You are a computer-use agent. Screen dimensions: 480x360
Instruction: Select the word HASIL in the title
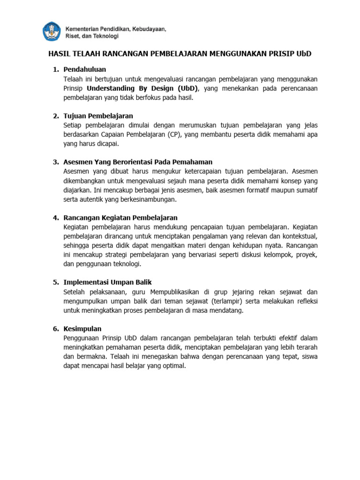(x=60, y=54)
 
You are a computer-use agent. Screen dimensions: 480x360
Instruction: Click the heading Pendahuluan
(x=85, y=69)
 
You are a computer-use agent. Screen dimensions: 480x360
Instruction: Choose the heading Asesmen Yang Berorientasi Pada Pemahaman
(x=138, y=162)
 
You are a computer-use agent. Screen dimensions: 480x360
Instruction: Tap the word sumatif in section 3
(x=306, y=190)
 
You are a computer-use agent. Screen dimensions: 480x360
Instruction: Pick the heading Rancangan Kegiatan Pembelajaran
(x=120, y=217)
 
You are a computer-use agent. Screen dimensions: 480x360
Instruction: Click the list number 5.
(x=55, y=282)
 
